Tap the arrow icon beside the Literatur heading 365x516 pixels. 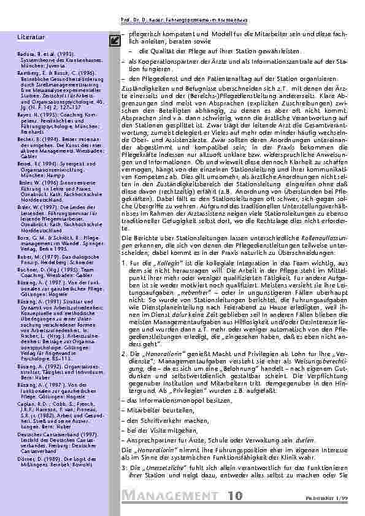113,40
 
